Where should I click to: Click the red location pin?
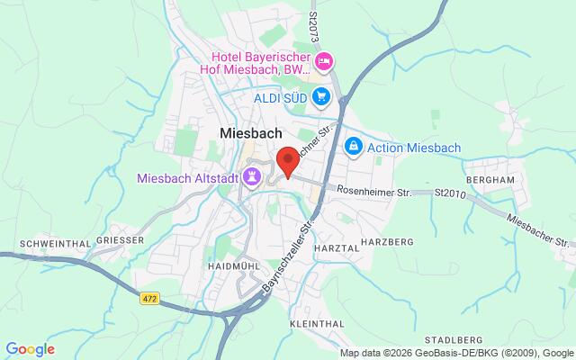click(287, 159)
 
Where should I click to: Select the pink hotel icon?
click(324, 61)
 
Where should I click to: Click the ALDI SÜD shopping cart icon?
click(322, 96)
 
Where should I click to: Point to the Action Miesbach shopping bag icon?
click(355, 147)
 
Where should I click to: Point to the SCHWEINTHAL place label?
click(52, 242)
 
